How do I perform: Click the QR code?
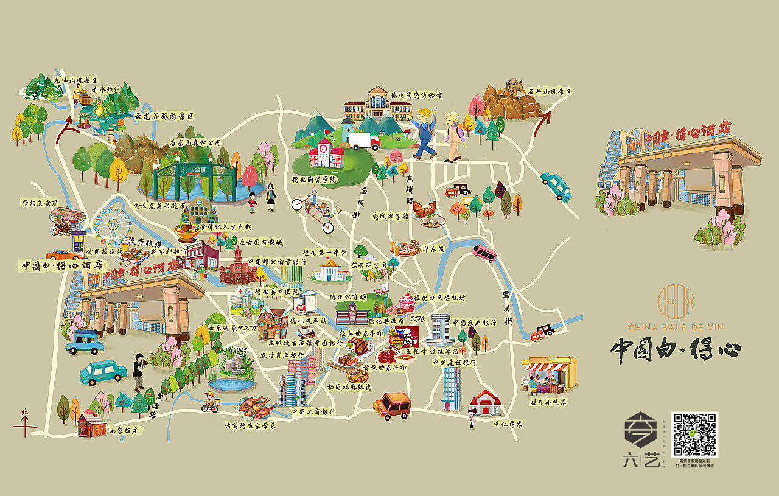(x=694, y=434)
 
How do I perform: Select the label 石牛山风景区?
(x=550, y=92)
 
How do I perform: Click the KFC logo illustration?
(x=405, y=335)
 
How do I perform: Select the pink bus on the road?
(x=484, y=253)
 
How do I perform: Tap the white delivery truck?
(x=364, y=141)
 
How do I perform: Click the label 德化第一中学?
(x=324, y=252)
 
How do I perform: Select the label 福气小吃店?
(x=548, y=402)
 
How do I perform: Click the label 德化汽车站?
(x=308, y=320)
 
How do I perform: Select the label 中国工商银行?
(x=313, y=412)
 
